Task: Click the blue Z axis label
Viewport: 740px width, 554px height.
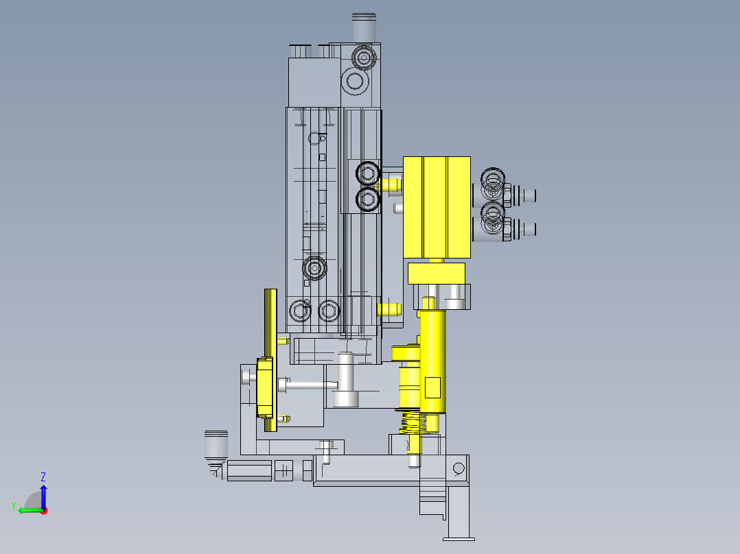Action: [43, 477]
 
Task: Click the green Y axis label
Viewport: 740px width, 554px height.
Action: [14, 507]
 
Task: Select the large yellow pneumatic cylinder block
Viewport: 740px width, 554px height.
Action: [437, 207]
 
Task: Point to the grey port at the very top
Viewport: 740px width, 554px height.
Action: [364, 27]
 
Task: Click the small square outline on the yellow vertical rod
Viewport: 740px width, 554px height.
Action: [432, 387]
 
